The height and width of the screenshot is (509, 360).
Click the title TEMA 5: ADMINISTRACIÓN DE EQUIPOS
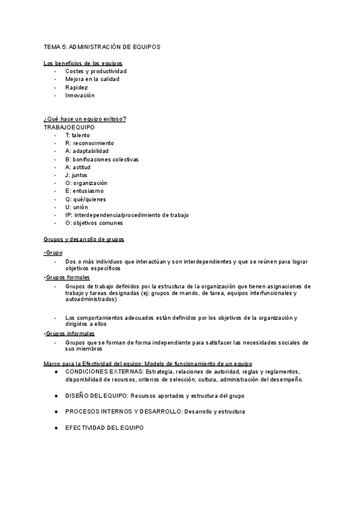click(101, 46)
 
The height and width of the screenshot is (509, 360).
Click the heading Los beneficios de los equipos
click(85, 64)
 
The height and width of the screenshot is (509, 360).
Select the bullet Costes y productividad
click(96, 71)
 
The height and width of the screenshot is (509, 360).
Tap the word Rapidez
click(76, 87)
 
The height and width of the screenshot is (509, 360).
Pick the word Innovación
click(80, 95)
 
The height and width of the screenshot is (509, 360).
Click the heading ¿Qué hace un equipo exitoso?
click(85, 119)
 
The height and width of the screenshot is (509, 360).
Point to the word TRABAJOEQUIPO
click(69, 127)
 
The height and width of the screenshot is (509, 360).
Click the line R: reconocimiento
click(89, 143)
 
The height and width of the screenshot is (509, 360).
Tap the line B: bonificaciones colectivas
click(102, 160)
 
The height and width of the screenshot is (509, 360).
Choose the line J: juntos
click(76, 175)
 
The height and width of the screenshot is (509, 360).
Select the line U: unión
click(76, 207)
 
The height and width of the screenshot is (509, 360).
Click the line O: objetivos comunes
click(94, 223)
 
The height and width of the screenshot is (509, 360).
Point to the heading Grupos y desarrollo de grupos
click(84, 239)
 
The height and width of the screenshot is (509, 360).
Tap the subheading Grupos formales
click(68, 278)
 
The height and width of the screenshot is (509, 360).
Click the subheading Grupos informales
click(70, 333)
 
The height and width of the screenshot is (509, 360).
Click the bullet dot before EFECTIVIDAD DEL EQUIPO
click(56, 427)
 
